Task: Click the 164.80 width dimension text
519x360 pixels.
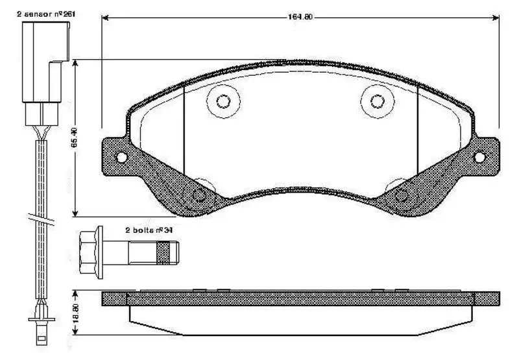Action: (x=300, y=18)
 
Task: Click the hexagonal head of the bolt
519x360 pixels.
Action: (x=89, y=249)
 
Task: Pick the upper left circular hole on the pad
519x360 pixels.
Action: (x=223, y=101)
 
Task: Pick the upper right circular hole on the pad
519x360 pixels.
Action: (x=376, y=101)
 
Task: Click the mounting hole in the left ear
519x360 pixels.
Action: (x=120, y=157)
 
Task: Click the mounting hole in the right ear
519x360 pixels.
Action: (x=479, y=157)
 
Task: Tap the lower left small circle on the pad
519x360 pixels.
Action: (x=200, y=193)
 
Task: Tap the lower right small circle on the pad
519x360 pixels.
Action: (x=400, y=193)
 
